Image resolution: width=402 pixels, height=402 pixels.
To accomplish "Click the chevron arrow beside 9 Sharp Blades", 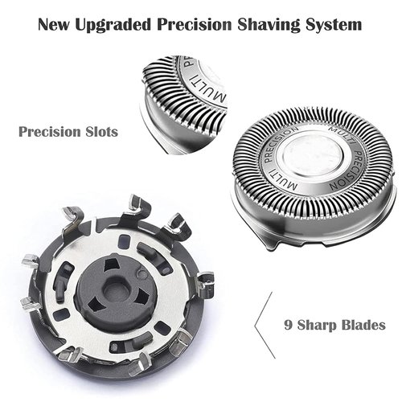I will point(260,326).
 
